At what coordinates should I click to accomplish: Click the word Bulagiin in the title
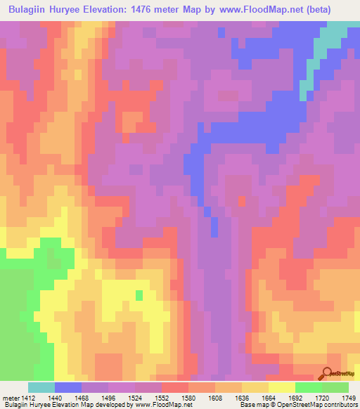pyautogui.click(x=32, y=11)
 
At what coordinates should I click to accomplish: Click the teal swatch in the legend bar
pyautogui.click(x=41, y=387)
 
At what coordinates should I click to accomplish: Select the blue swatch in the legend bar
pyautogui.click(x=68, y=387)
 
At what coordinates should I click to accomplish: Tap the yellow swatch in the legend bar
pyautogui.click(x=282, y=387)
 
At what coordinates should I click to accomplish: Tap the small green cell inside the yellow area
pyautogui.click(x=139, y=294)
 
